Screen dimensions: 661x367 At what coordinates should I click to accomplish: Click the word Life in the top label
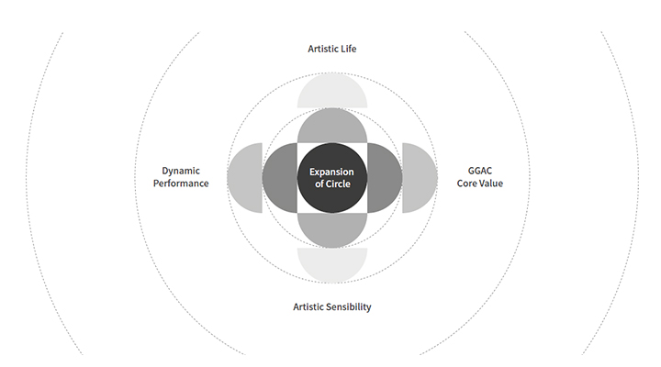(x=348, y=49)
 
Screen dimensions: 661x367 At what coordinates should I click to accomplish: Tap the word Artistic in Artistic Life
(x=322, y=49)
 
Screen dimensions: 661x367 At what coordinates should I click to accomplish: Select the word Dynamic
(x=181, y=171)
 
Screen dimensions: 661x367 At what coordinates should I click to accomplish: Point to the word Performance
(x=181, y=183)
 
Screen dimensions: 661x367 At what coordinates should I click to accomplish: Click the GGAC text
(x=480, y=171)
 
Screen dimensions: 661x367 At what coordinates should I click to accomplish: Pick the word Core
(x=466, y=183)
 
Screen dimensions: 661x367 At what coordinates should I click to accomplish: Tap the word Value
(x=491, y=183)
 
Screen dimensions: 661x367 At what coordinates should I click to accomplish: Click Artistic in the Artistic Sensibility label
(x=308, y=307)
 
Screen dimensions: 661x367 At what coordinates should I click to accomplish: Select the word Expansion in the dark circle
(x=331, y=172)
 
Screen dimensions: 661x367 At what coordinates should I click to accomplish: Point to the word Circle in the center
(x=339, y=184)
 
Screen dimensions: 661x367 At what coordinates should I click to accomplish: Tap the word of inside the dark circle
(x=319, y=184)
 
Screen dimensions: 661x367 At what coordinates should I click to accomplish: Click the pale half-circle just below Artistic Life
(x=332, y=91)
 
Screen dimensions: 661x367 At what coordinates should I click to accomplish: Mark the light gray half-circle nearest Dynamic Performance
(x=244, y=178)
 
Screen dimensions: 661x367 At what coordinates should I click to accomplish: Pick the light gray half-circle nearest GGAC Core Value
(x=420, y=178)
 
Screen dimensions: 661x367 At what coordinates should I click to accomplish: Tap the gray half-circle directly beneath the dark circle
(x=332, y=230)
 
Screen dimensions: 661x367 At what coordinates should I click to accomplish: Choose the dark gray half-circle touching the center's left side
(x=279, y=178)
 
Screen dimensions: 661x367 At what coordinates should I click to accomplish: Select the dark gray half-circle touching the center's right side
(x=385, y=178)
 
